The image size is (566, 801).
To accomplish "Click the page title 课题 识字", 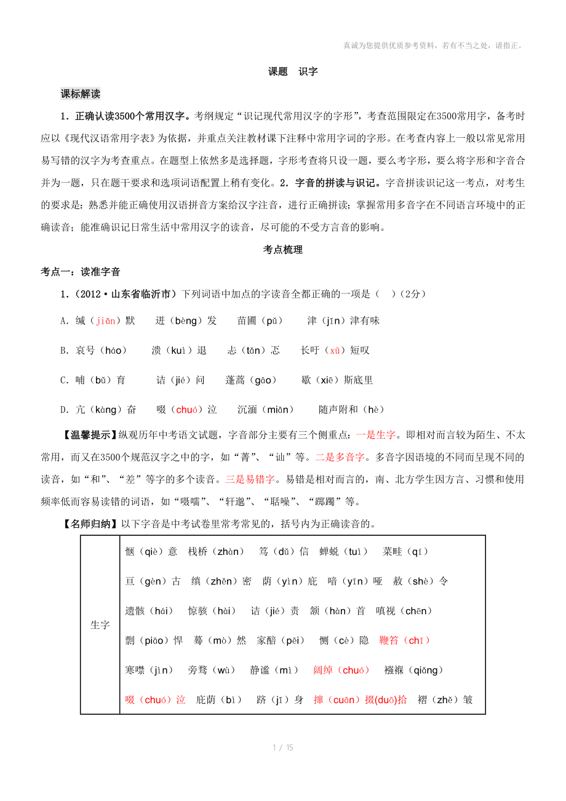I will pos(293,71).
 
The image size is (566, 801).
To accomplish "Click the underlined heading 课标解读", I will pos(81,94).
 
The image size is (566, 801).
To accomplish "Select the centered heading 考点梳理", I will pos(283,250).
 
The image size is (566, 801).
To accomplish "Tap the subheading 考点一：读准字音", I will pos(81,271).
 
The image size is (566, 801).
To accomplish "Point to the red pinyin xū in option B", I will pos(335,351).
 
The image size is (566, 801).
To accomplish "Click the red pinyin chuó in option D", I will pos(185,410).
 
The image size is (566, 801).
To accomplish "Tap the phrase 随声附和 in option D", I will pos(338,410).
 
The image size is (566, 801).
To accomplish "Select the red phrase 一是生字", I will pos(377,435).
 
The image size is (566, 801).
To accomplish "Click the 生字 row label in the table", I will pos(100,625).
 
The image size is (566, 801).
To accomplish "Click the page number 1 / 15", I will pos(283,747).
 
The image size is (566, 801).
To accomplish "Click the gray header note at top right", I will pos(433,45).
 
